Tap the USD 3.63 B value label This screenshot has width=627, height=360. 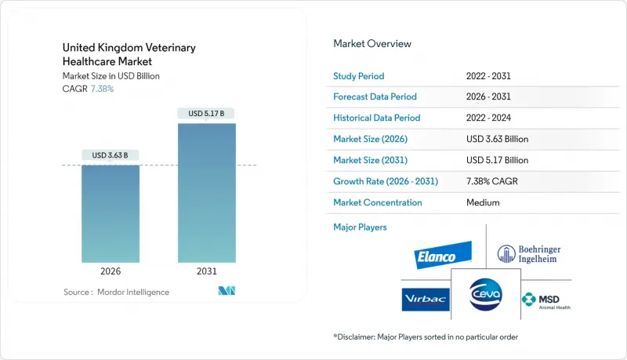pos(111,154)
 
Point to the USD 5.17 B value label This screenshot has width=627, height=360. pos(206,114)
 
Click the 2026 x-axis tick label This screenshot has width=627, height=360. pos(111,271)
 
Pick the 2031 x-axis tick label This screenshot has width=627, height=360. pos(206,271)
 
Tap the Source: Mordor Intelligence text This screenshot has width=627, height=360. pos(116,292)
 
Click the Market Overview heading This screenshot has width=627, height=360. pos(372,44)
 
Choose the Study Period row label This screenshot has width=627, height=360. pos(360,75)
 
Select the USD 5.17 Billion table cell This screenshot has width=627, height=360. pos(497,160)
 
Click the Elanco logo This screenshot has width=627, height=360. pos(444,255)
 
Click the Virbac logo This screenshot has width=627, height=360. pos(426,299)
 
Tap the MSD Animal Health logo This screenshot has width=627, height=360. pos(545,300)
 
